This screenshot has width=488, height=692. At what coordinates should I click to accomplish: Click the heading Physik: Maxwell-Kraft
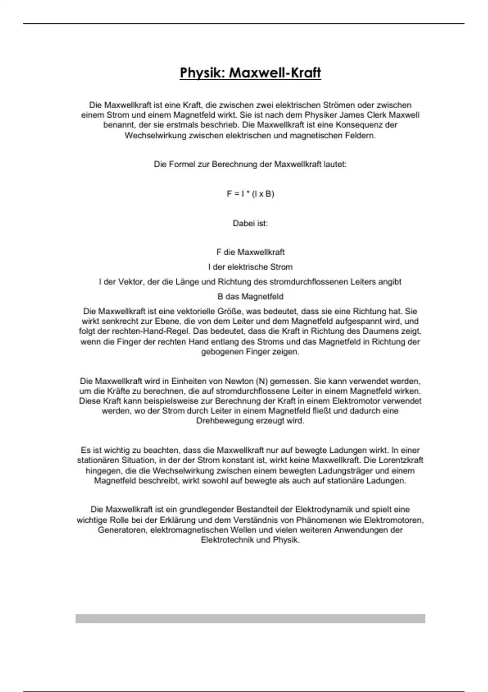[x=250, y=73]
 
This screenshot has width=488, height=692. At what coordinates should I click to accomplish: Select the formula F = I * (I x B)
[x=250, y=194]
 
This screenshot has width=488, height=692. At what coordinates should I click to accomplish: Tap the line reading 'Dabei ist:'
[x=250, y=223]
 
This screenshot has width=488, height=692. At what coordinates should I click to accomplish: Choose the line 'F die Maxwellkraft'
[x=250, y=252]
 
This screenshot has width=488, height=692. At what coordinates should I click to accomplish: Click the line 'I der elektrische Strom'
[x=250, y=267]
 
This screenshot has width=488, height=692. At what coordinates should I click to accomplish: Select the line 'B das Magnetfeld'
[x=250, y=296]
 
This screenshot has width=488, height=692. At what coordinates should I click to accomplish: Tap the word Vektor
[x=131, y=282]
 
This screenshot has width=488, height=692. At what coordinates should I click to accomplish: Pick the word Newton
[x=239, y=381]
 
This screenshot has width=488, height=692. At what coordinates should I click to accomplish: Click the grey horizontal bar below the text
[x=250, y=618]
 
